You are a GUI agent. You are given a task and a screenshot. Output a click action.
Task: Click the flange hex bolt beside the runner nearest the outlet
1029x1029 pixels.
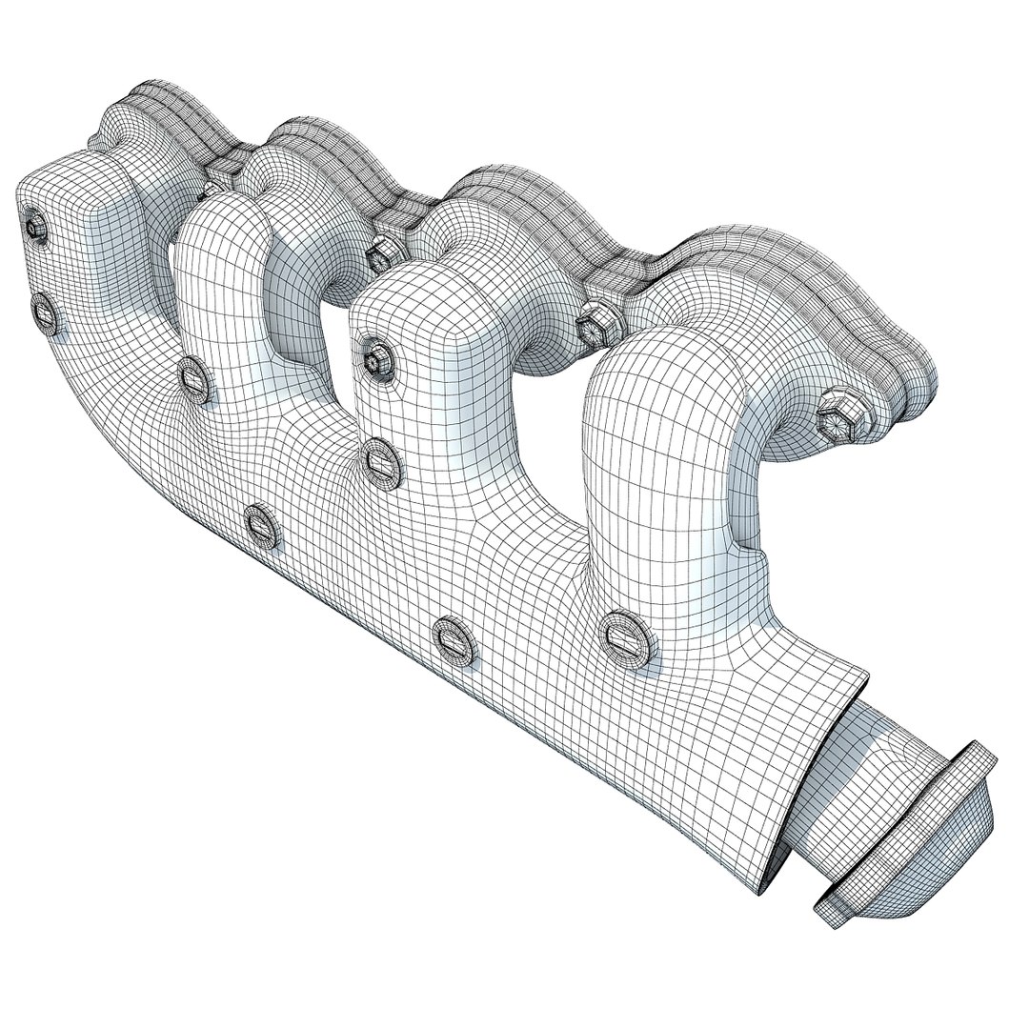pos(837,416)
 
